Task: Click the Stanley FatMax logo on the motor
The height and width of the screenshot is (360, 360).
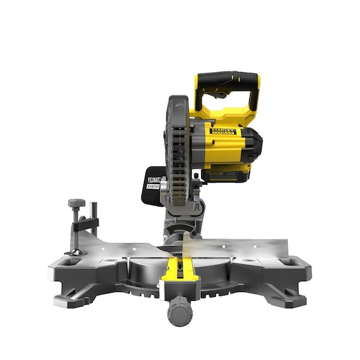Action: [x=223, y=130]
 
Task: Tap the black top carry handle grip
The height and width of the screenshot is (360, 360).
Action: [x=227, y=79]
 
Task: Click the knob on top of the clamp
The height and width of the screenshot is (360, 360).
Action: [x=77, y=203]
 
